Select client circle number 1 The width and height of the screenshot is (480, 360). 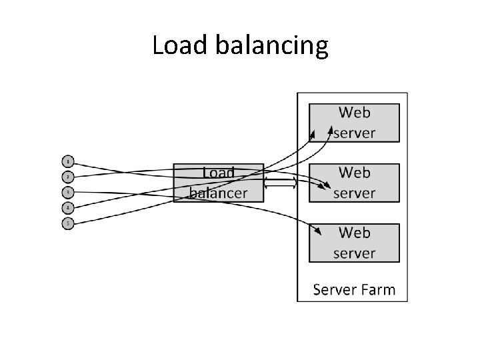68,161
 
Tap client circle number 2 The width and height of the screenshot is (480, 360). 68,177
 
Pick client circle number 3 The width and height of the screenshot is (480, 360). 68,193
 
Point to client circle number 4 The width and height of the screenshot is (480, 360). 68,208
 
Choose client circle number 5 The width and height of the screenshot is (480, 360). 68,223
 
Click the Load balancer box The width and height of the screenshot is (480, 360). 219,183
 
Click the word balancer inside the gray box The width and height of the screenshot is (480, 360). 219,193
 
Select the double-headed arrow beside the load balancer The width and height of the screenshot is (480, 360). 281,182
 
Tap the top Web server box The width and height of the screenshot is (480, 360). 354,123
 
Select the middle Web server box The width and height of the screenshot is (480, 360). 354,183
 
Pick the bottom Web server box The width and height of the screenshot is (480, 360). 354,243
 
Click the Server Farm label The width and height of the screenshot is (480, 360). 354,290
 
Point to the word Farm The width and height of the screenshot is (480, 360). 379,290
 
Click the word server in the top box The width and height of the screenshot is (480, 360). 354,133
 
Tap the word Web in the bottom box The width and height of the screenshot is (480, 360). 354,233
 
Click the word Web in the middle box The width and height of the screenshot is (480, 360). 354,173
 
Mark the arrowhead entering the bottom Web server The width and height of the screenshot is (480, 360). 319,231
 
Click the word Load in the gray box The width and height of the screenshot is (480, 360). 219,173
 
